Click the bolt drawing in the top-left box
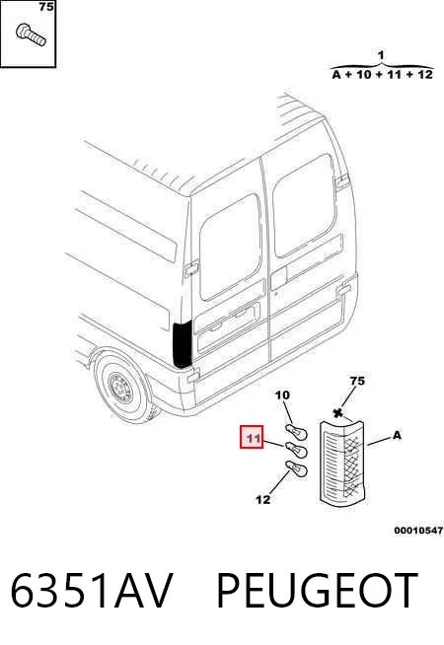[31, 35]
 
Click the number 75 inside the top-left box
[45, 7]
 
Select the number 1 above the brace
[381, 55]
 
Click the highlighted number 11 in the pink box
[252, 437]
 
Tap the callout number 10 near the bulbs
[282, 395]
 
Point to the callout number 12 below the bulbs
[262, 500]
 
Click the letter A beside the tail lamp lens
[397, 435]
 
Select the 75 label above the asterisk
[357, 381]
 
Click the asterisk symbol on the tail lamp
[338, 414]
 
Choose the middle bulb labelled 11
[296, 450]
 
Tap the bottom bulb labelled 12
[296, 468]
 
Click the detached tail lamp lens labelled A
[342, 465]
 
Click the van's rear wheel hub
[120, 388]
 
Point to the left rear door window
[230, 247]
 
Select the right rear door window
[304, 206]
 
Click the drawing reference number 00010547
[418, 531]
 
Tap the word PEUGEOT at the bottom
[317, 590]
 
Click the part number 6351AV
[92, 590]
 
